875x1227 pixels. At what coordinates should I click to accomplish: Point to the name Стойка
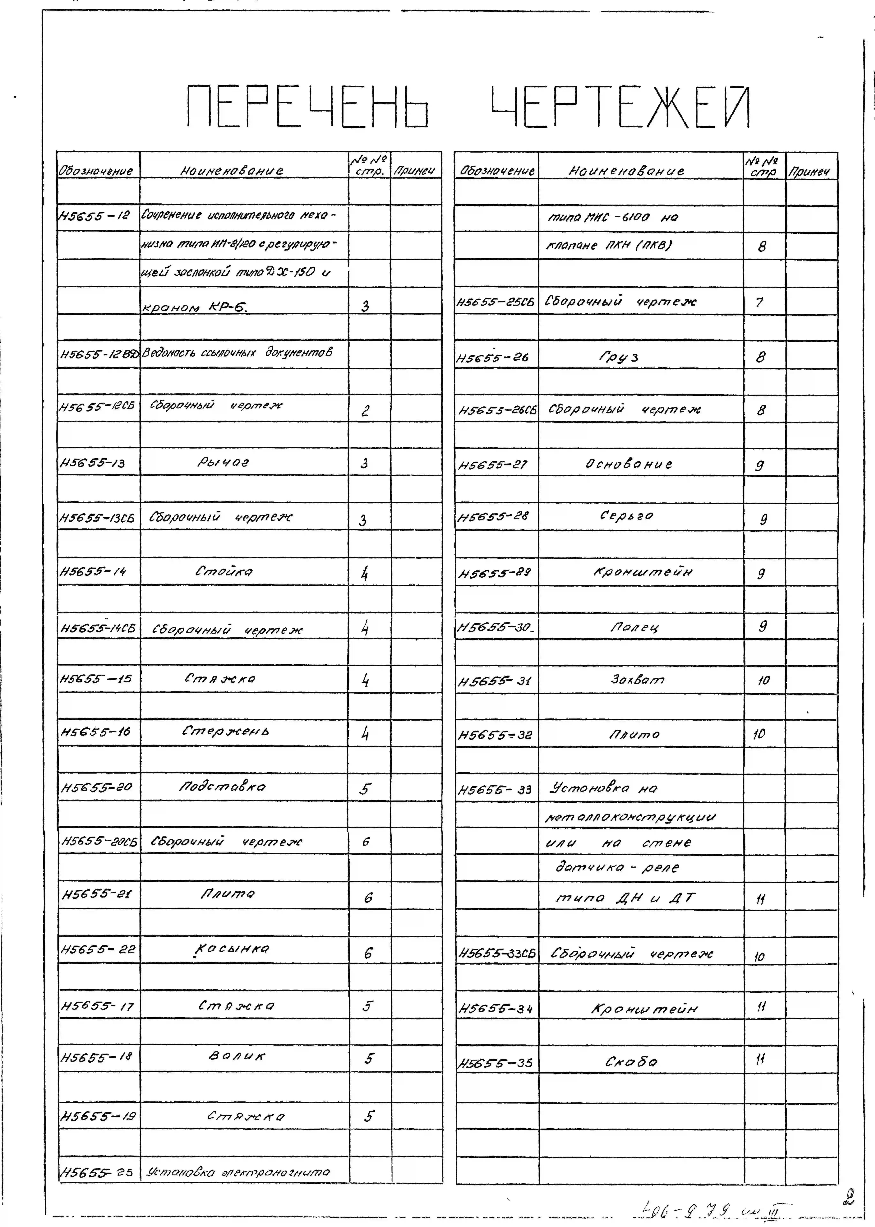coord(224,571)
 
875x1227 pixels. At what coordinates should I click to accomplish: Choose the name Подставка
coord(223,786)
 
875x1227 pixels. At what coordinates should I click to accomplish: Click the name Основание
coord(629,464)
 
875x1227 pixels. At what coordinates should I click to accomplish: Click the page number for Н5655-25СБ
coord(759,302)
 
